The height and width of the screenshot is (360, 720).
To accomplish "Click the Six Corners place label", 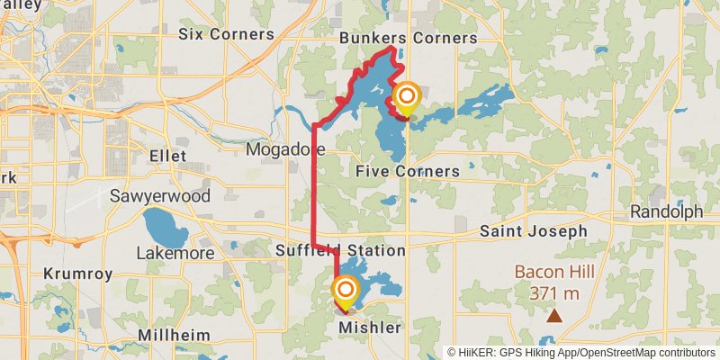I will [x=226, y=34].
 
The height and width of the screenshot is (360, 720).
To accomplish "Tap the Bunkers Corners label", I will [x=408, y=38].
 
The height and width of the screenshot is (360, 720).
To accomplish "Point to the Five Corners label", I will [x=407, y=171].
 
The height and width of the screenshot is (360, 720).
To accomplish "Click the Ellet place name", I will [x=168, y=157].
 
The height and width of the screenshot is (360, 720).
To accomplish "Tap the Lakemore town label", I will [x=175, y=254].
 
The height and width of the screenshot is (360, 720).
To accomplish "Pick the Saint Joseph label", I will [x=533, y=231].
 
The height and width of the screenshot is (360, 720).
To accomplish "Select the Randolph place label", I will [x=666, y=212].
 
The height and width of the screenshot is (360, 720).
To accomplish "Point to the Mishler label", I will [x=369, y=328].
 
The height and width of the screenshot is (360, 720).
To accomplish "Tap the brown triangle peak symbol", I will [x=555, y=316].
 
